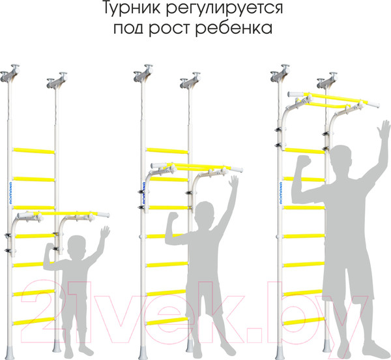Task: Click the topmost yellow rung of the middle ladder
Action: pos(167,151)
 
